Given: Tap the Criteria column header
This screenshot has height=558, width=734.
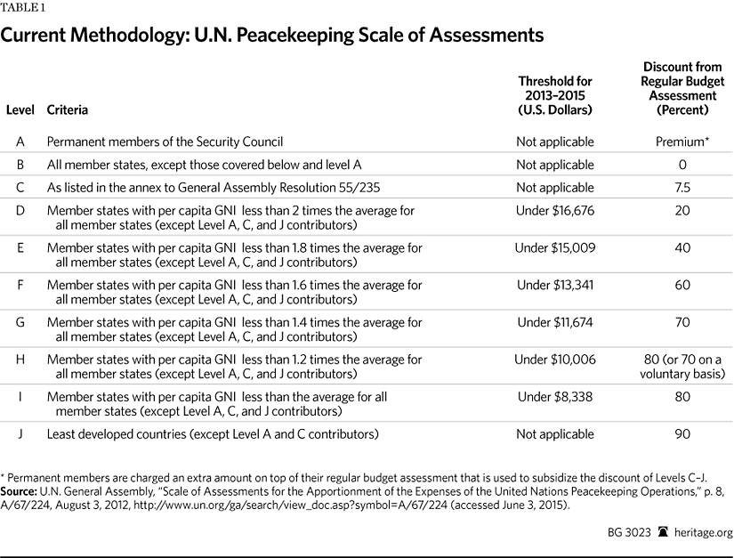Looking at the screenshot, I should (67, 110).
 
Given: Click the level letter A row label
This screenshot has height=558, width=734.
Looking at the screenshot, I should (20, 142).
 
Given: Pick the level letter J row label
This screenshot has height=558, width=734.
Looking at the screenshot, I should (20, 434).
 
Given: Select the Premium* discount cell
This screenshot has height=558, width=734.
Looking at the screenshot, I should (682, 142).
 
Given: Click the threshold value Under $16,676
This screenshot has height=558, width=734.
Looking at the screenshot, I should (554, 210).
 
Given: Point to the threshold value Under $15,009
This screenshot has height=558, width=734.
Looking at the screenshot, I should (554, 247).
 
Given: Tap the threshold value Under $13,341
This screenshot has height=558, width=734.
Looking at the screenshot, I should (554, 285).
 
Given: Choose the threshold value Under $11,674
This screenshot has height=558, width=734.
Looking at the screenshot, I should (554, 322).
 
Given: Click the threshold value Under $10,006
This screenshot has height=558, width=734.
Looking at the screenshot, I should (554, 360).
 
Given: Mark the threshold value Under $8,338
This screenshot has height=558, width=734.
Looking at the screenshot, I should (554, 397).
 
